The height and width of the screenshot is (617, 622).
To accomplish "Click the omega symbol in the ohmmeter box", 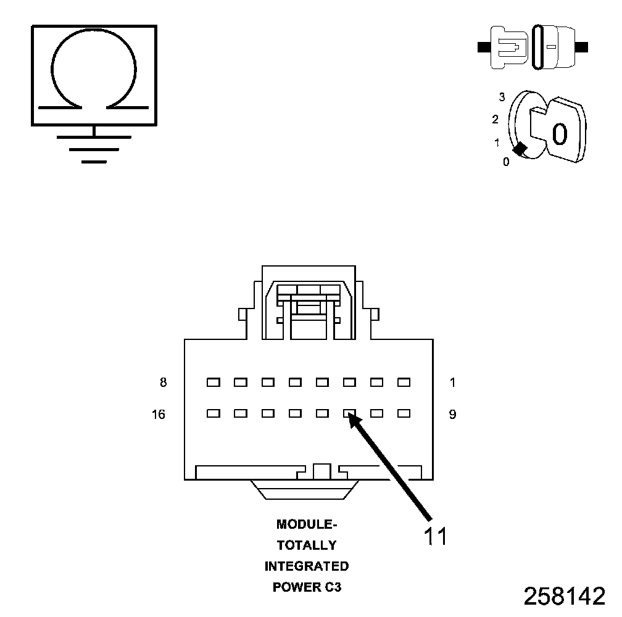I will click(93, 71).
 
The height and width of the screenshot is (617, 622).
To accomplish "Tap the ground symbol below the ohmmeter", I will click(93, 148).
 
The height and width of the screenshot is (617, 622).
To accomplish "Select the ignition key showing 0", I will click(558, 130).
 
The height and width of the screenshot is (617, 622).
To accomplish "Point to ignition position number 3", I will click(502, 97).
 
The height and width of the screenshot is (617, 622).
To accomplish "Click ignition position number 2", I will click(495, 119).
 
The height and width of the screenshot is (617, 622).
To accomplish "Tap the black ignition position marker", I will click(520, 149).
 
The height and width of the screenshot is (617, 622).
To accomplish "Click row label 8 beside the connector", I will click(163, 383).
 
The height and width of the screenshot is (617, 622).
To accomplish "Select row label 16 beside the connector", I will click(159, 415).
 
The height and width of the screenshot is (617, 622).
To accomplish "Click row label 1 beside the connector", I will click(452, 383).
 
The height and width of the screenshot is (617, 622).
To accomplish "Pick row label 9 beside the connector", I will click(452, 415).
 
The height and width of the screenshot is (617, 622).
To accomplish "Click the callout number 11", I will click(435, 536).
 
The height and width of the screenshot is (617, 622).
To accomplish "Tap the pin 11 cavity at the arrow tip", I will click(349, 413).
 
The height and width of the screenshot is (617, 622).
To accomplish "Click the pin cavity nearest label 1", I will click(404, 383).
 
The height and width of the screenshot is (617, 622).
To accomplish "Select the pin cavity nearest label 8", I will click(214, 383).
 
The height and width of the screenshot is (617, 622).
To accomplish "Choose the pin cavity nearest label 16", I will click(214, 413).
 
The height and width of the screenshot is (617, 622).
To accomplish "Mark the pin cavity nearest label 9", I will click(404, 413).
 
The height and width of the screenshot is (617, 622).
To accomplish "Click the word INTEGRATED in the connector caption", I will click(307, 566).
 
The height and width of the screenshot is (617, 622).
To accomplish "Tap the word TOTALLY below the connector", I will click(307, 545).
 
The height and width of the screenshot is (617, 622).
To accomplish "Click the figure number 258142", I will click(565, 596).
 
